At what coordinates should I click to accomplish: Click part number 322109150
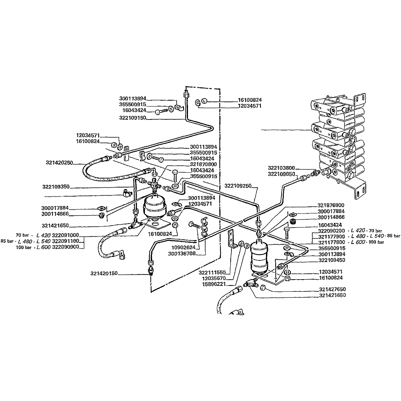point(132,118)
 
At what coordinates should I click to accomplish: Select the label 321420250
point(60,163)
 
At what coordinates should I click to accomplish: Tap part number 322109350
point(56,187)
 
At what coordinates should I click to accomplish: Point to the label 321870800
point(203,164)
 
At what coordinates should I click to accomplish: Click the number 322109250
point(238,186)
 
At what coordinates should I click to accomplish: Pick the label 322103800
point(281,168)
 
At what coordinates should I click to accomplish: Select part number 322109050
point(281,174)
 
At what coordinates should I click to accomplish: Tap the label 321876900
point(331,205)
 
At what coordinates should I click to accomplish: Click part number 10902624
point(183,247)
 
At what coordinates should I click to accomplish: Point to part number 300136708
point(182,254)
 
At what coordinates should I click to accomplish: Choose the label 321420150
point(104,273)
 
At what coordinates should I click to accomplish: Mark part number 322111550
point(212,273)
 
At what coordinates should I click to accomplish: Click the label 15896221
point(214,284)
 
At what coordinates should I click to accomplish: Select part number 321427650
point(332,289)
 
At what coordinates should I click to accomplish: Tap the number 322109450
point(332,260)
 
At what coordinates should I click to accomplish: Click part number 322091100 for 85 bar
point(65,241)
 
